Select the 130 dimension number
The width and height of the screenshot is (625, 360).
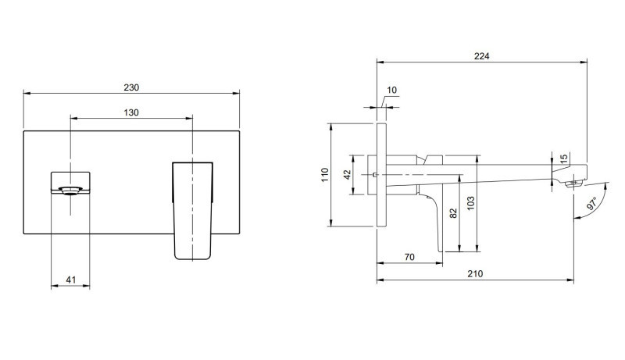[131, 112]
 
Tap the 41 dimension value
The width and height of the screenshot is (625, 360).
[70, 279]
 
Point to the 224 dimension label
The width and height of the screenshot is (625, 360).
[481, 55]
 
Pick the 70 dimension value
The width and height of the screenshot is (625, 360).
[408, 255]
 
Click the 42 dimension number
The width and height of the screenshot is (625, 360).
[348, 174]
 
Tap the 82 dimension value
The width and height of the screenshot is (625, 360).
[453, 212]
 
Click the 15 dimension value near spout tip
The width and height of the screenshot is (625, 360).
[564, 159]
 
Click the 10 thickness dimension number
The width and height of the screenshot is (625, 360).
[391, 91]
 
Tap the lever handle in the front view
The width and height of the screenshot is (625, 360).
[191, 209]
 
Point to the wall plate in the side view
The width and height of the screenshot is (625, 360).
[381, 175]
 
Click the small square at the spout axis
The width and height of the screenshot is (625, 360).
[376, 174]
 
